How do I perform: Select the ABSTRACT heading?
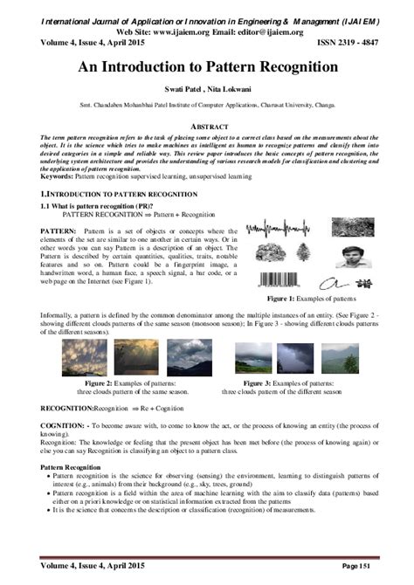[207, 126]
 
